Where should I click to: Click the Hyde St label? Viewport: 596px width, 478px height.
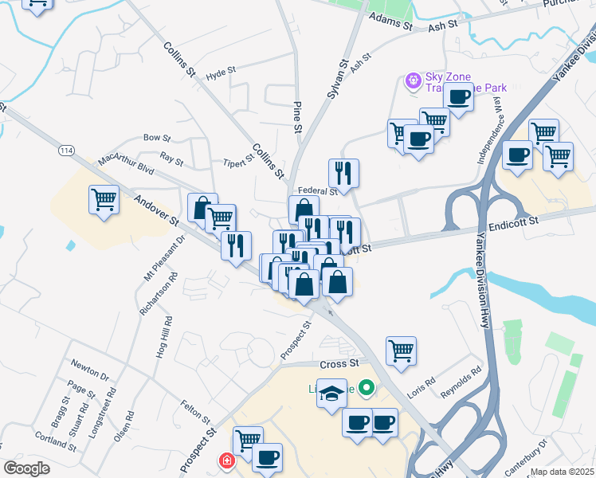222,71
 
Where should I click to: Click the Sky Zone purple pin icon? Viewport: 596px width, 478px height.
413,80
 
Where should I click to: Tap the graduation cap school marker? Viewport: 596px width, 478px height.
331,393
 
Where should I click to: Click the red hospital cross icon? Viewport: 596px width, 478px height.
226,461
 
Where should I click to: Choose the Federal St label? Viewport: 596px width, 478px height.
317,191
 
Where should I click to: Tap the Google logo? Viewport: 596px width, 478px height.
26,468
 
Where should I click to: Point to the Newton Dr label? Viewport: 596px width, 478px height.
88,371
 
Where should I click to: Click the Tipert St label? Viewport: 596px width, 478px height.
238,158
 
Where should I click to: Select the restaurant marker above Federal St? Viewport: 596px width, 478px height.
343,172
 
